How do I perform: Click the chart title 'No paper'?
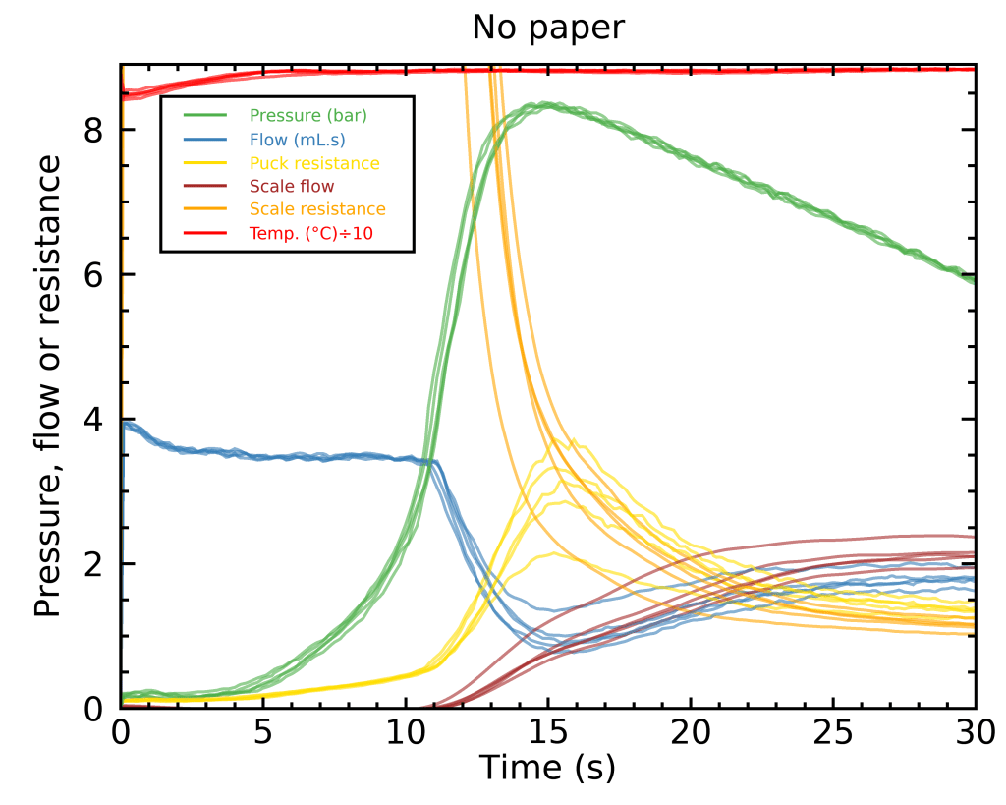click(547, 28)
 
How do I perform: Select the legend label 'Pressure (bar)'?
click(307, 115)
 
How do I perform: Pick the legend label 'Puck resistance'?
click(314, 162)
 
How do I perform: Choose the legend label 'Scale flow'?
click(292, 186)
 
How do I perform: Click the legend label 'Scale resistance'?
click(317, 209)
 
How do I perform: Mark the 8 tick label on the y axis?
click(93, 130)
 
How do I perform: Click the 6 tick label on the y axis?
click(93, 274)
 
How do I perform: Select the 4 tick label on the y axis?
click(93, 420)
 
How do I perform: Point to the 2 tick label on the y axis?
click(93, 564)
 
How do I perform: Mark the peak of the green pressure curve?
click(543, 104)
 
